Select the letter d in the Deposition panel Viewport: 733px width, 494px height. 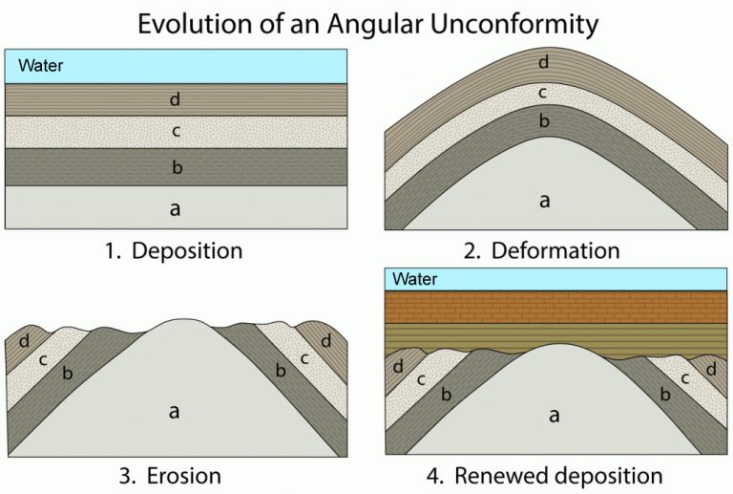(175, 99)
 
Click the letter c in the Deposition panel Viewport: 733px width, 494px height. (175, 132)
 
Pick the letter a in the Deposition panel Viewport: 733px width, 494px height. (175, 208)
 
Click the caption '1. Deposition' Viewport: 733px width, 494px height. (174, 251)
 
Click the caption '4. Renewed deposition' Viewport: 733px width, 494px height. (546, 475)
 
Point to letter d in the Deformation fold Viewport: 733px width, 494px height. (544, 63)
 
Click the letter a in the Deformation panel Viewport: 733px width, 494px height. (545, 201)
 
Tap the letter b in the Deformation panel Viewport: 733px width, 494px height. (544, 121)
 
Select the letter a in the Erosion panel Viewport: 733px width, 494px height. (175, 411)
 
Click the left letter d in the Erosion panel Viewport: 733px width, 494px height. (24, 340)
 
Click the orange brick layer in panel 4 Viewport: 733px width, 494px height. (556, 306)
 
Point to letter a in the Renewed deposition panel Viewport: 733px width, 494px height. (555, 416)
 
